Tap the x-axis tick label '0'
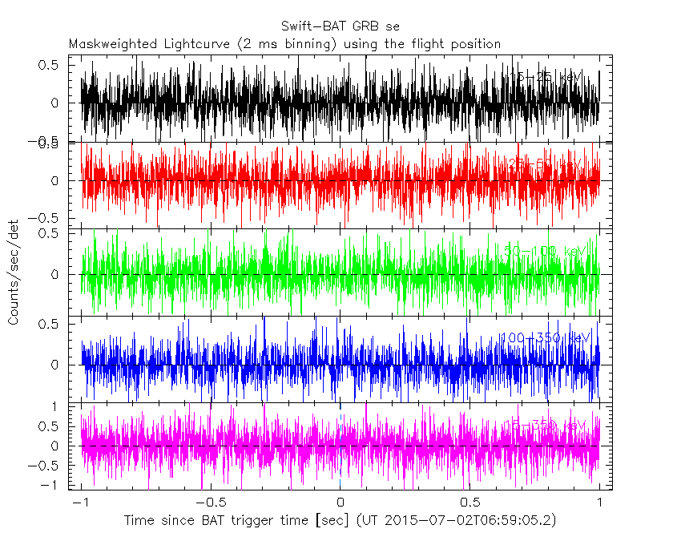click(x=340, y=503)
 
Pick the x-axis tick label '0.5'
click(x=469, y=503)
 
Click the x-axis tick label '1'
click(x=600, y=503)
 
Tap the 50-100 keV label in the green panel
click(x=545, y=252)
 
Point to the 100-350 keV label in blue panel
click(x=545, y=337)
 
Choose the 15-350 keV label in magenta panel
click(x=545, y=424)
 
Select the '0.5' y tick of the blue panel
click(x=50, y=323)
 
